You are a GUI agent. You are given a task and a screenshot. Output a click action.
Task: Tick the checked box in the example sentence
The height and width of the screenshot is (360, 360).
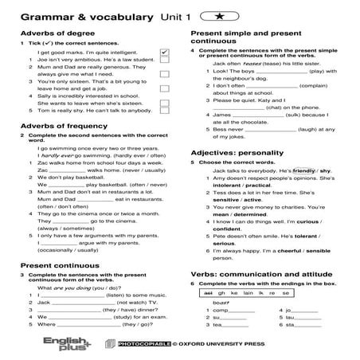click(x=164, y=53)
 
